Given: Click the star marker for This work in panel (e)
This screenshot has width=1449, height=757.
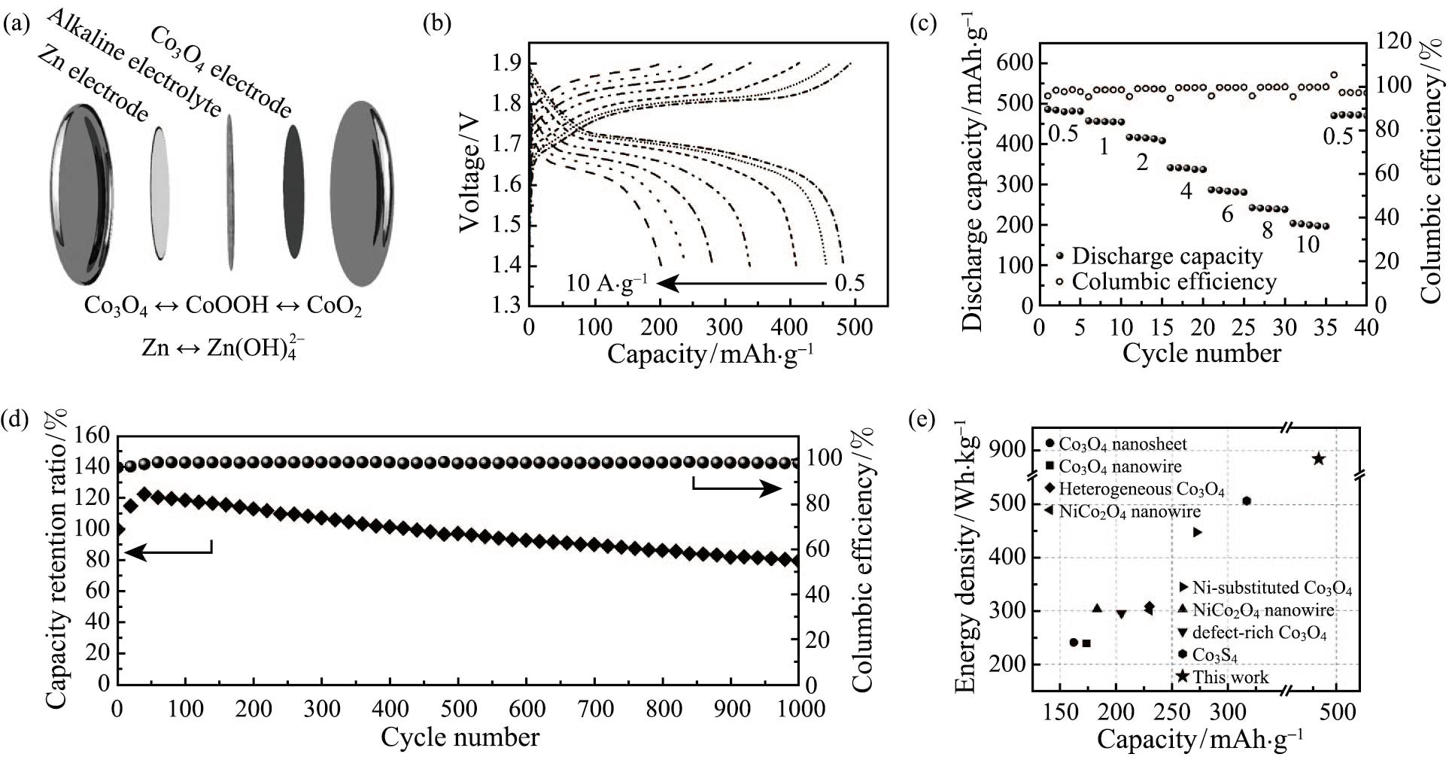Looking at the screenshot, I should [x=1318, y=459].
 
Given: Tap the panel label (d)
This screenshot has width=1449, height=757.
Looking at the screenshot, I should [x=17, y=418].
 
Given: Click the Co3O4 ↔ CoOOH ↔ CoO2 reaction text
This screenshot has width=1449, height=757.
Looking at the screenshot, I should [x=223, y=307].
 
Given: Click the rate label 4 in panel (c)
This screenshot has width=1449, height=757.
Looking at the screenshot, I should [x=1186, y=190].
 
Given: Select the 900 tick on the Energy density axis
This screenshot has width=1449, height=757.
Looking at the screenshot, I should [x=1013, y=451].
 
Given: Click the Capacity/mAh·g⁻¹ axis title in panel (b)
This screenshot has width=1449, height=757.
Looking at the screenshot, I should [x=709, y=353].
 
